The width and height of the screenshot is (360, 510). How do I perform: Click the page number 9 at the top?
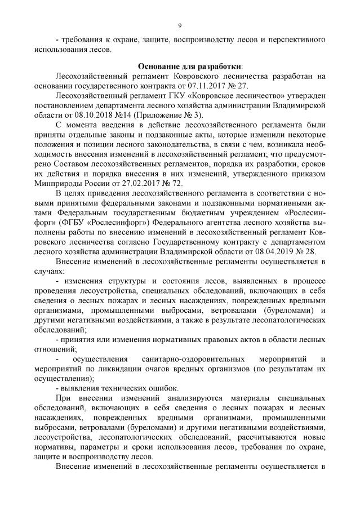click(180, 25)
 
